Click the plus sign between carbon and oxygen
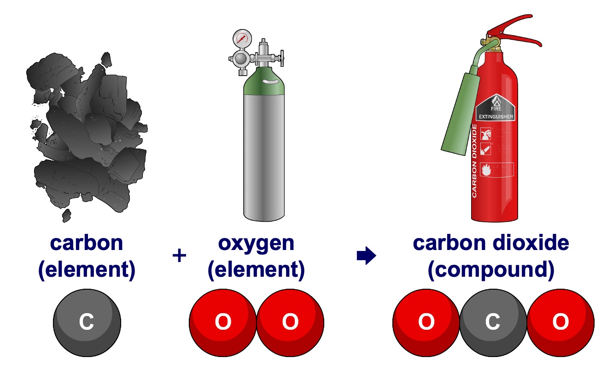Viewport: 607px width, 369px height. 179,256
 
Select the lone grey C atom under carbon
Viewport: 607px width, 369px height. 87,322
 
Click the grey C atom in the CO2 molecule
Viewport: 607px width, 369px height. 493,322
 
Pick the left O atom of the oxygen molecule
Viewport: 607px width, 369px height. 223,322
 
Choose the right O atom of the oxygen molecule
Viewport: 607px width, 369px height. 290,322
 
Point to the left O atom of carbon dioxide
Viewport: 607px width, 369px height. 426,322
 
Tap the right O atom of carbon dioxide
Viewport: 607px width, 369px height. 560,322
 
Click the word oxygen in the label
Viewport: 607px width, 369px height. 256,243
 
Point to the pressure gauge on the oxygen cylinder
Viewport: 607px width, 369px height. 242,38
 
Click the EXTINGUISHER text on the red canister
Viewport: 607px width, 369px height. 496,117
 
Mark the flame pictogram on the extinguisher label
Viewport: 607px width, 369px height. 485,169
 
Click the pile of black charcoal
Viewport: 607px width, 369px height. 88,134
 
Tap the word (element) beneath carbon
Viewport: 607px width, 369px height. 87,271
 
